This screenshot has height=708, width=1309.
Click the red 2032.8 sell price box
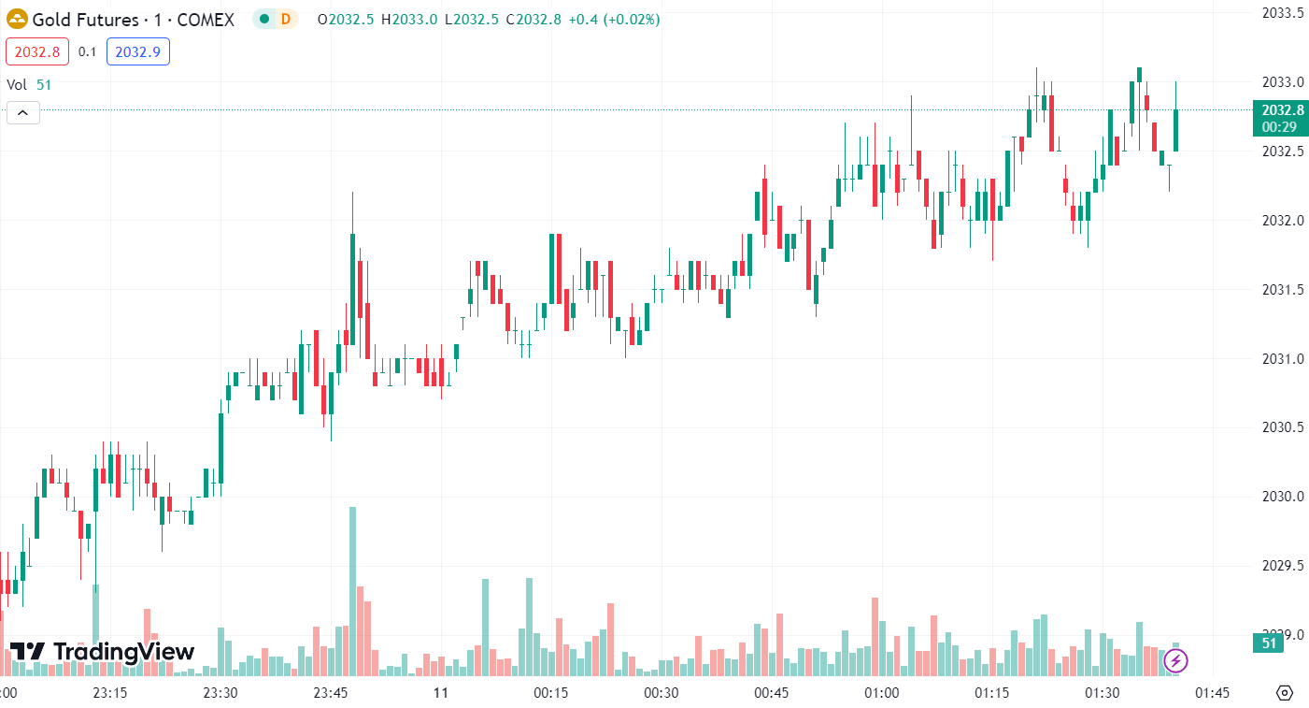tap(37, 52)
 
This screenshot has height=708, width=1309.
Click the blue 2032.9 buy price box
tap(138, 52)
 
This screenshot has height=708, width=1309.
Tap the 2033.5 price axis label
tap(1283, 13)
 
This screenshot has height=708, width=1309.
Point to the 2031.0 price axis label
tap(1283, 358)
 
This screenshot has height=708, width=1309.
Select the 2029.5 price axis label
tap(1283, 566)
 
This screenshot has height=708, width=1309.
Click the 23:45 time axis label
tap(330, 693)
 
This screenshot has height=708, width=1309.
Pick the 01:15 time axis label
tap(992, 693)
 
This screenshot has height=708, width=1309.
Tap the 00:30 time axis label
tap(661, 693)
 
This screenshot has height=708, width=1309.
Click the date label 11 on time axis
tap(441, 693)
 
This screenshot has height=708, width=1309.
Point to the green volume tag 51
tap(1269, 643)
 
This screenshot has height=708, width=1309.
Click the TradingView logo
tap(102, 652)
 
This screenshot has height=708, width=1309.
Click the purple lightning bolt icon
tap(1175, 661)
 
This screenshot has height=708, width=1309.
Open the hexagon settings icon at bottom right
tap(1285, 693)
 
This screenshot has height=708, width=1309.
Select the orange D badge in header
tap(285, 19)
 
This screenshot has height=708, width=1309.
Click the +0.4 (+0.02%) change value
tap(613, 19)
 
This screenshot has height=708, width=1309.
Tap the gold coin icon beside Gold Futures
tap(17, 19)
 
